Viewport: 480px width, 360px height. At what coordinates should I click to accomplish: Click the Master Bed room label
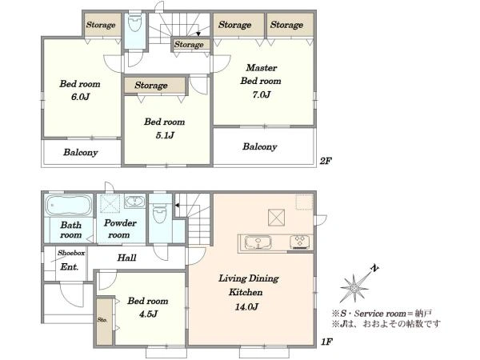pyautogui.click(x=261, y=74)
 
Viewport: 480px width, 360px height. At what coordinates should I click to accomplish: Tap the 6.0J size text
pyautogui.click(x=80, y=97)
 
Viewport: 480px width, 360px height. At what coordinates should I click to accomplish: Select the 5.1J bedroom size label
pyautogui.click(x=165, y=135)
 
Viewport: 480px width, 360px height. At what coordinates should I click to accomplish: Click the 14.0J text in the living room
pyautogui.click(x=246, y=306)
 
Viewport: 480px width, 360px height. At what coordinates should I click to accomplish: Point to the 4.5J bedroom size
pyautogui.click(x=148, y=314)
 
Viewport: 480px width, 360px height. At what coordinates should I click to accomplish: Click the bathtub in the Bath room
pyautogui.click(x=69, y=205)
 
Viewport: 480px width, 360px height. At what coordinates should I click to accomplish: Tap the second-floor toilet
pyautogui.click(x=134, y=22)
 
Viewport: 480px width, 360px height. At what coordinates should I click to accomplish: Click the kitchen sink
pyautogui.click(x=258, y=242)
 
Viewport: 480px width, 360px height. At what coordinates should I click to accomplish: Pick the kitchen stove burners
pyautogui.click(x=300, y=241)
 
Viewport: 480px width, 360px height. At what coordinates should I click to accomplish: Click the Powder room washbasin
pyautogui.click(x=134, y=202)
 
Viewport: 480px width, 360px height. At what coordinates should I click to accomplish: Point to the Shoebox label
pyautogui.click(x=71, y=253)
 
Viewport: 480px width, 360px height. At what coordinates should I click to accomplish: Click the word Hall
pyautogui.click(x=126, y=258)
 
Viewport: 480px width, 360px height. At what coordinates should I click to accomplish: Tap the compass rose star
pyautogui.click(x=354, y=288)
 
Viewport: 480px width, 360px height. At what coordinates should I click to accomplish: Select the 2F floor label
pyautogui.click(x=326, y=161)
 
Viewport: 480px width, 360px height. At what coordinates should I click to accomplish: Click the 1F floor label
pyautogui.click(x=326, y=342)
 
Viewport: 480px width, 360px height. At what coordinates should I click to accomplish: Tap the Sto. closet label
pyautogui.click(x=102, y=320)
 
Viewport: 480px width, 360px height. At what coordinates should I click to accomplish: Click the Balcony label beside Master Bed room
pyautogui.click(x=259, y=146)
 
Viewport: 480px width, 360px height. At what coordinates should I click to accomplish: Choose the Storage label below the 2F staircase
pyautogui.click(x=189, y=44)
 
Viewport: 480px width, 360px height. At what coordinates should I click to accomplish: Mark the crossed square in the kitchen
pyautogui.click(x=277, y=218)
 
